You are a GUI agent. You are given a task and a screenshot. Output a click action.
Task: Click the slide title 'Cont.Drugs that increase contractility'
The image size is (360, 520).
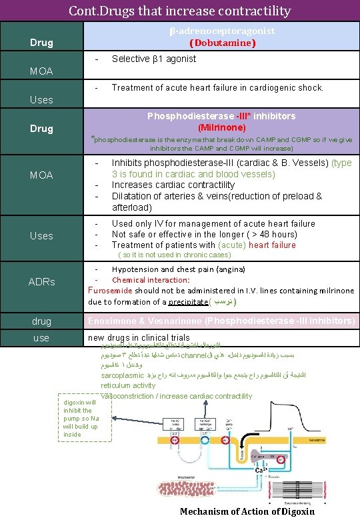point(180,11)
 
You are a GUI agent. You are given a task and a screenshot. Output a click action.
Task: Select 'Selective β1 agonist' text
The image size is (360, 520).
point(153,59)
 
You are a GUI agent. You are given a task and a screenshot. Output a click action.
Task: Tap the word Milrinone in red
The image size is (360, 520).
point(222,127)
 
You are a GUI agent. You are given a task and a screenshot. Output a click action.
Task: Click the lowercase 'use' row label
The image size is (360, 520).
point(41,338)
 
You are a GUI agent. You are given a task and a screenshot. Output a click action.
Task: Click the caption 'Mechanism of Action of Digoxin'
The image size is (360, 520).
point(247,511)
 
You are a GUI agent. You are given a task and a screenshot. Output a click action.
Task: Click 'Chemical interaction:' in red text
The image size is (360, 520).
point(151,280)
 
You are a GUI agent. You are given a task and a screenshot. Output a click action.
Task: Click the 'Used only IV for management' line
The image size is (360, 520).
point(213,223)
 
